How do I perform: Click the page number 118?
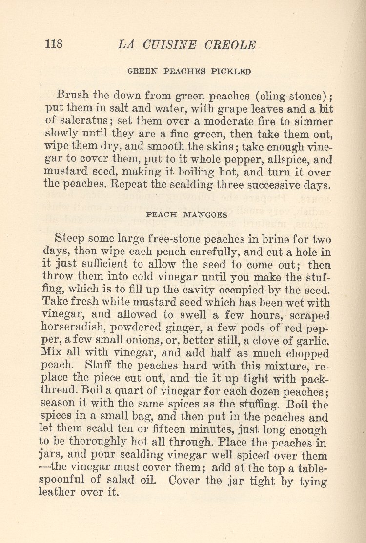[54, 44]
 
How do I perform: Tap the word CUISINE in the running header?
[166, 45]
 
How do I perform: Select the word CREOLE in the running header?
[230, 45]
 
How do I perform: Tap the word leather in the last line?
[58, 492]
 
